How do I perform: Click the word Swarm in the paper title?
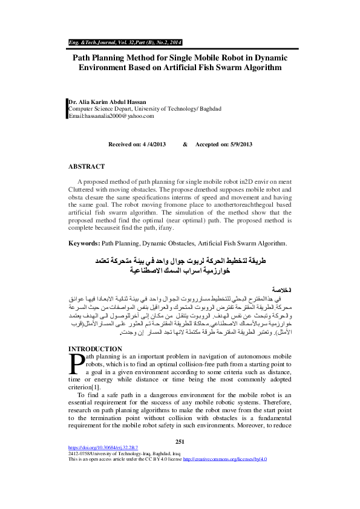tap(229, 68)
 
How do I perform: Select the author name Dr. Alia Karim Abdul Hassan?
tap(108, 102)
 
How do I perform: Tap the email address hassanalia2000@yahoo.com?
tap(111, 115)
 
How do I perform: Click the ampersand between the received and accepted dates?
tap(185, 145)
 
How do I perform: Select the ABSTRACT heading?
tap(87, 166)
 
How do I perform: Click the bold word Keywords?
tap(83, 243)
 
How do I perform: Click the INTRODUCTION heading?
tap(96, 349)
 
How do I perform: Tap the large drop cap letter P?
tap(76, 363)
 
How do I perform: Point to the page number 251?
tap(179, 442)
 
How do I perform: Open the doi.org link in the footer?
tap(103, 448)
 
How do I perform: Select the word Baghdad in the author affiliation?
tap(209, 109)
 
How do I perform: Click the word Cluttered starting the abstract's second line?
tap(83, 189)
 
